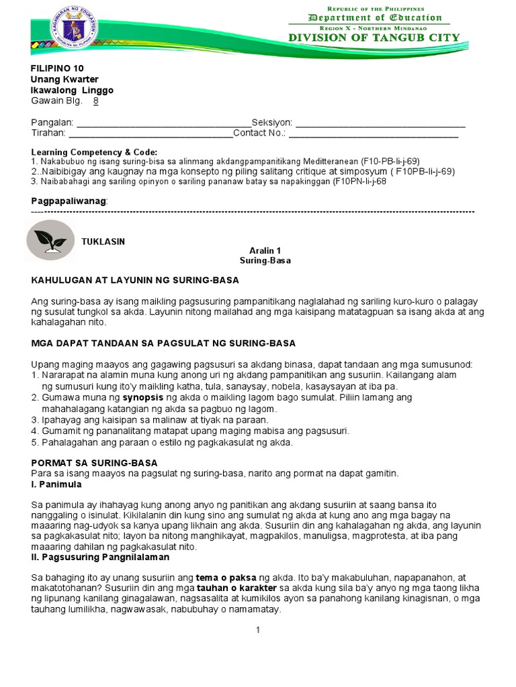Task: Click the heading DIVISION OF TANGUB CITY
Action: click(374, 38)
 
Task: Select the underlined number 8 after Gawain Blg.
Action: click(95, 101)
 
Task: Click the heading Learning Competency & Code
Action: click(94, 152)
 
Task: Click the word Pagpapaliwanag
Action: click(69, 201)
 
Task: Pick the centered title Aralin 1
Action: click(265, 250)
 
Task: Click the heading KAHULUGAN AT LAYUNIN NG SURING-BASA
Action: click(135, 280)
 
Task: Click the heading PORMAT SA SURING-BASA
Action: click(95, 463)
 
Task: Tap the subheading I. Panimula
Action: click(56, 484)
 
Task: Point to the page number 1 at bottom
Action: click(257, 630)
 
